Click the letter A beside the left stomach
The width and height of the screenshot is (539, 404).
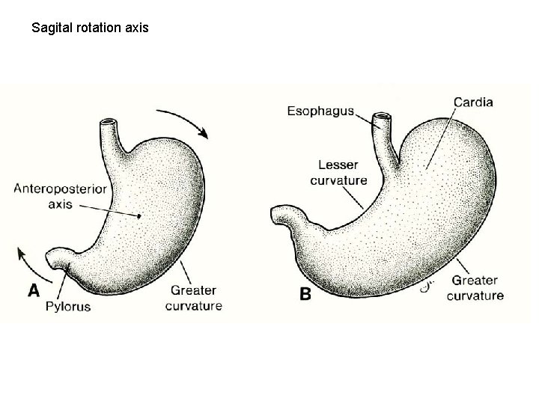click(x=34, y=290)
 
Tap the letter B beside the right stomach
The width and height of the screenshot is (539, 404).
click(x=305, y=295)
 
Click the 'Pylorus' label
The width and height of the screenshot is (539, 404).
click(x=68, y=307)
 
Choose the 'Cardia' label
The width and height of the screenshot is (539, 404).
click(x=472, y=102)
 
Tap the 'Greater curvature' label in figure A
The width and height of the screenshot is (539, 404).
click(x=193, y=298)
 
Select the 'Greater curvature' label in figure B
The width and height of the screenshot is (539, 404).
click(x=475, y=288)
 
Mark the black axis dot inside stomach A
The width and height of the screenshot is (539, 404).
click(x=140, y=217)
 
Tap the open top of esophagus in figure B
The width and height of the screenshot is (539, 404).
click(x=383, y=117)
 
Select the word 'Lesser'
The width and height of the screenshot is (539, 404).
click(x=338, y=165)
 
